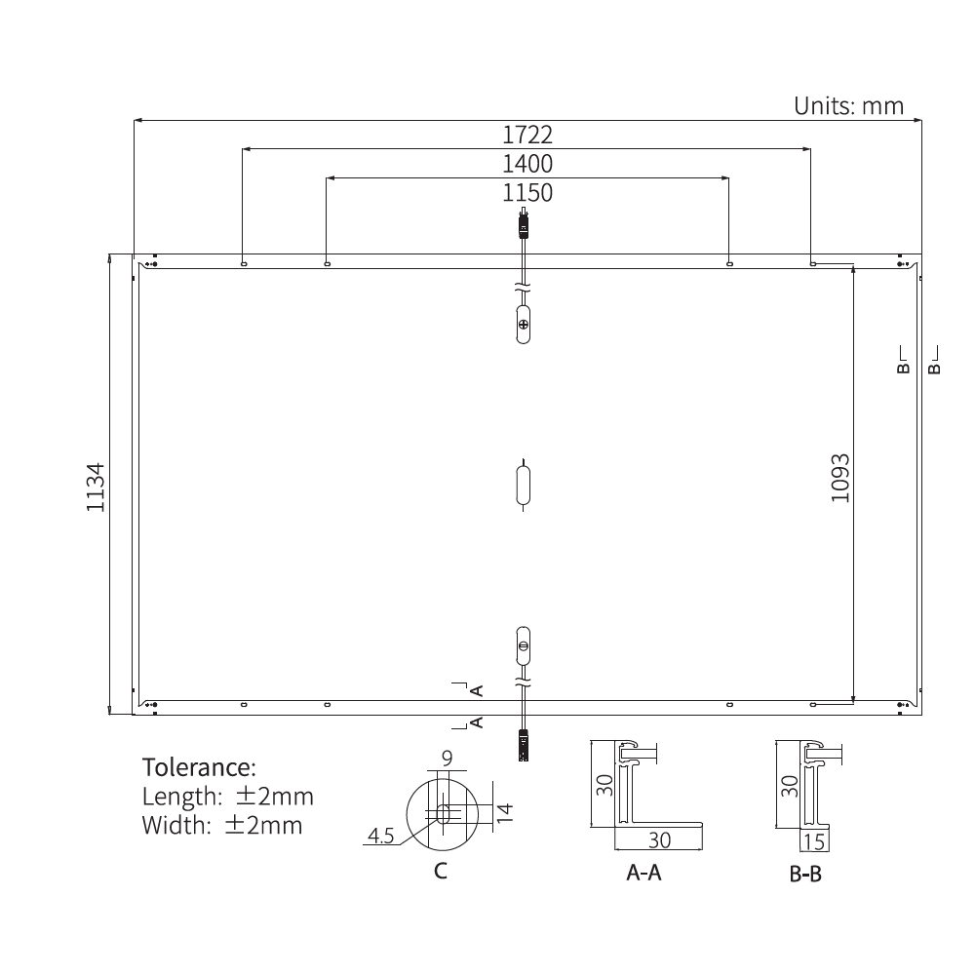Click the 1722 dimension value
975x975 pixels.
point(527,135)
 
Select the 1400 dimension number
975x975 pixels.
point(527,163)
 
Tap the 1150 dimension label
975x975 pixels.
point(527,193)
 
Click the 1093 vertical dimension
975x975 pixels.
point(841,478)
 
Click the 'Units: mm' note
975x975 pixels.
point(848,105)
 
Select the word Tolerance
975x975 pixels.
point(199,765)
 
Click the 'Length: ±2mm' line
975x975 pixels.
point(228,796)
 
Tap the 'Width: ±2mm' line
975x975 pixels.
point(222,826)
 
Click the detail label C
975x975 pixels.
point(441,871)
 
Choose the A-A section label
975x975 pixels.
point(643,873)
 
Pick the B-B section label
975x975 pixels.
point(805,875)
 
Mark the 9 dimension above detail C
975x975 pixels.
point(447,757)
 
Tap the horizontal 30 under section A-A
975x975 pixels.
point(659,839)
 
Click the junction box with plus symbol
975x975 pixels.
point(524,324)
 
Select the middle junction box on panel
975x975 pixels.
point(524,485)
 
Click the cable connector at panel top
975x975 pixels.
point(524,226)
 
